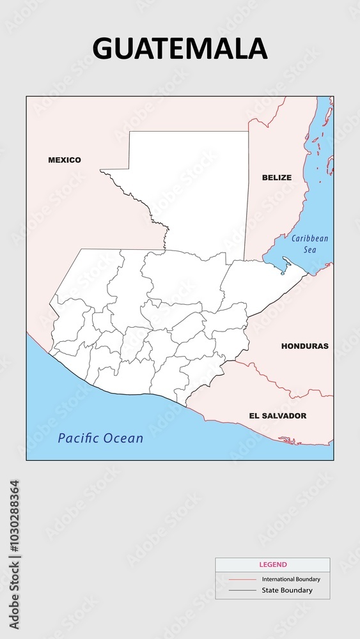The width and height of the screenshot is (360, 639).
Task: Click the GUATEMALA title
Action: (x=180, y=49)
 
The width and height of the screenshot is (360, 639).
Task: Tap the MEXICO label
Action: (x=65, y=160)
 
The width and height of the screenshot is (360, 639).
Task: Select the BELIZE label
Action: (x=276, y=178)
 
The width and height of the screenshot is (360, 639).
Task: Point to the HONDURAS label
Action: (x=304, y=346)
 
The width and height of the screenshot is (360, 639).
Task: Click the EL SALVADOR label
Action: (x=278, y=415)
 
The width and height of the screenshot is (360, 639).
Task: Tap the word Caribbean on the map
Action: (x=309, y=239)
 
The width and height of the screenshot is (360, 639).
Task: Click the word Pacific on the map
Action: (x=80, y=438)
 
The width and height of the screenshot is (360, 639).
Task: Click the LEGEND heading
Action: (x=272, y=565)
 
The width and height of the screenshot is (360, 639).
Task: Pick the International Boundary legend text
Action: (x=291, y=580)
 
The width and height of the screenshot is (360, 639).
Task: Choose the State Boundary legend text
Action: (x=287, y=590)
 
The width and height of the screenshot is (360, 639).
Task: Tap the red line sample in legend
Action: (x=242, y=580)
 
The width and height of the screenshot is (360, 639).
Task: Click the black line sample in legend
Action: (x=242, y=590)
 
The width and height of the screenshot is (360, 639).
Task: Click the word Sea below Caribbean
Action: (x=309, y=250)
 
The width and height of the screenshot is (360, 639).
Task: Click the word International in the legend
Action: (x=276, y=580)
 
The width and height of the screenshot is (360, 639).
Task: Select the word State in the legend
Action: (x=270, y=590)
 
